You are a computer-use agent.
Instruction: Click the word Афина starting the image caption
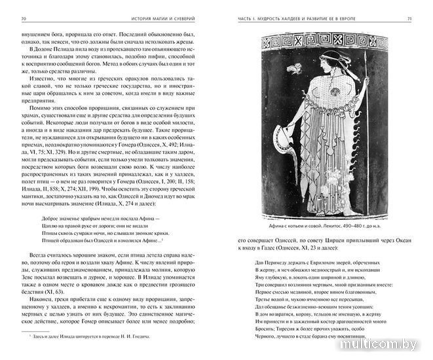273,217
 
